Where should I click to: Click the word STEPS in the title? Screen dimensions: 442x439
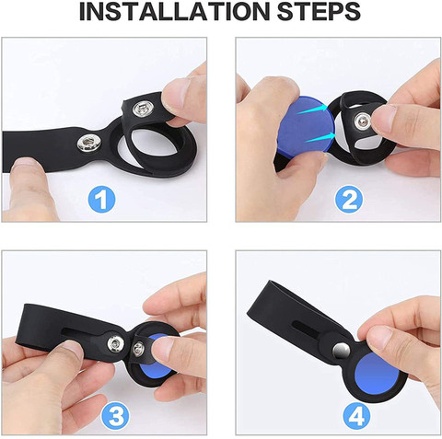pos(319,12)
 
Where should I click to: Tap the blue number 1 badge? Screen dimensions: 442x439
pos(101,200)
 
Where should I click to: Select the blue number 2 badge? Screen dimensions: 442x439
pos(349,199)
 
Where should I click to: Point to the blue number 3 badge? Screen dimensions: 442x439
pos(115,416)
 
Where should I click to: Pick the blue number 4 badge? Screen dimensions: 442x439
pos(357,417)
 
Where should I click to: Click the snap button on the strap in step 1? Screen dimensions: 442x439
pos(87,144)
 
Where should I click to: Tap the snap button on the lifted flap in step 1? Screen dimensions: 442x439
pos(141,108)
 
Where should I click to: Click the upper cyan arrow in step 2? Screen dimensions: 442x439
pos(312,110)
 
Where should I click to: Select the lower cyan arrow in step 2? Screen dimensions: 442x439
pos(320,138)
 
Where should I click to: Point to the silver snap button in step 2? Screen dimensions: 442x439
pos(362,121)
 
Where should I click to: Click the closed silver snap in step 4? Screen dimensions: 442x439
pos(341,351)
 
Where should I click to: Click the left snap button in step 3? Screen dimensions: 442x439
pos(116,343)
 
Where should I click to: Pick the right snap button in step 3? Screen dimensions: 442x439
pos(139,348)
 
